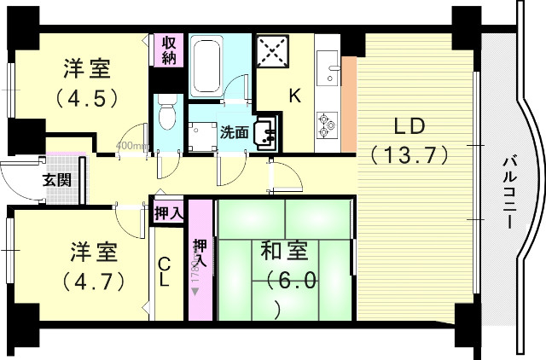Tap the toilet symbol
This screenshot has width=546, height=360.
click(166, 113)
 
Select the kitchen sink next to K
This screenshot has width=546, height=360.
click(328, 64)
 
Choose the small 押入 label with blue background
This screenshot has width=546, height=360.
click(167, 212)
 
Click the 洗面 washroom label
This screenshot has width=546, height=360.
click(235, 132)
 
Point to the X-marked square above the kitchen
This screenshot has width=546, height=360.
click(274, 50)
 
